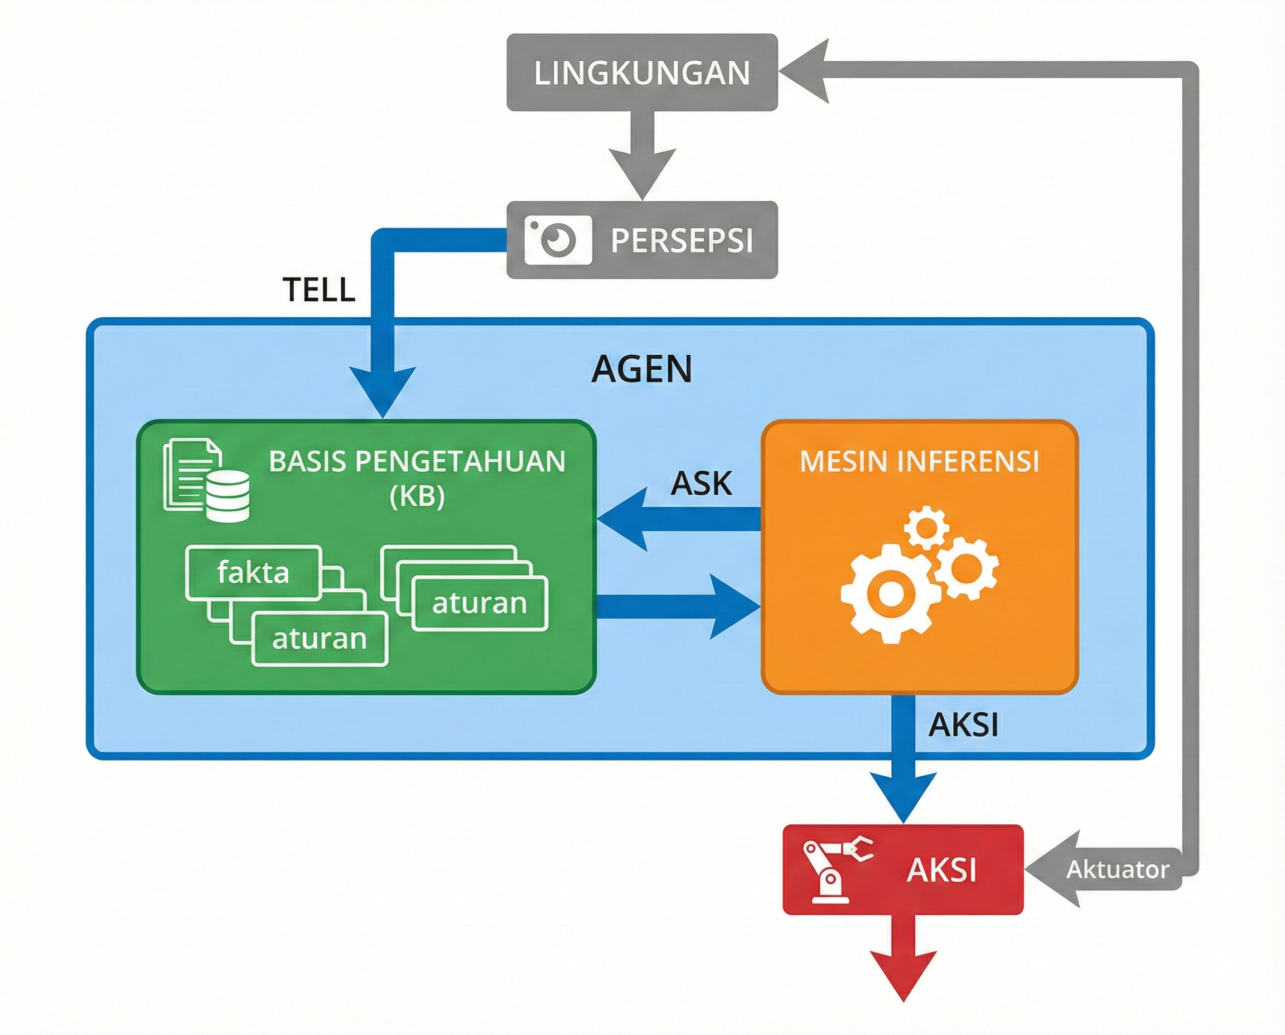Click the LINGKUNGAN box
tap(641, 72)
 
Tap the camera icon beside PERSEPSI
tap(558, 240)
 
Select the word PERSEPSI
tap(682, 240)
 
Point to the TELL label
tap(319, 290)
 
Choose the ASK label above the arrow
tap(701, 483)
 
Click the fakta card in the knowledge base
tap(253, 572)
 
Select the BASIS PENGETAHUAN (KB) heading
tap(417, 477)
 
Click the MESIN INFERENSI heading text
tap(920, 461)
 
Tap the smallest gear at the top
tap(926, 527)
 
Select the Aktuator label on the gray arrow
tap(1117, 869)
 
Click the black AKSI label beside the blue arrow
tap(963, 725)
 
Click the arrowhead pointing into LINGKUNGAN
tap(805, 71)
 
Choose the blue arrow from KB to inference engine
tap(680, 607)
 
